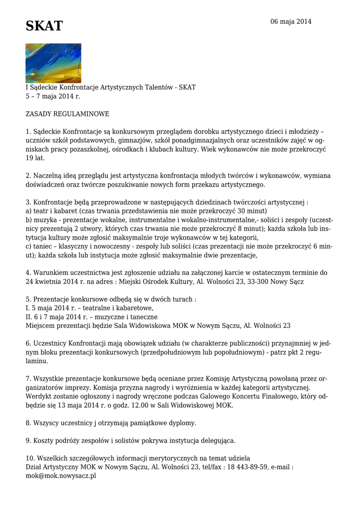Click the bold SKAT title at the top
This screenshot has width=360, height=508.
tap(44, 26)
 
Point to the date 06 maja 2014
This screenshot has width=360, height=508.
tap(290, 22)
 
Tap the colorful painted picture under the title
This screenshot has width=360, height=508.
tap(53, 63)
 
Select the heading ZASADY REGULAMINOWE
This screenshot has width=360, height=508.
tap(68, 114)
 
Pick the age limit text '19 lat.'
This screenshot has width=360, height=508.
tap(35, 158)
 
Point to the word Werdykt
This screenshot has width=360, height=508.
tap(41, 396)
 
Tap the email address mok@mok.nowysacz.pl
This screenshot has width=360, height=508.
tap(61, 476)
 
